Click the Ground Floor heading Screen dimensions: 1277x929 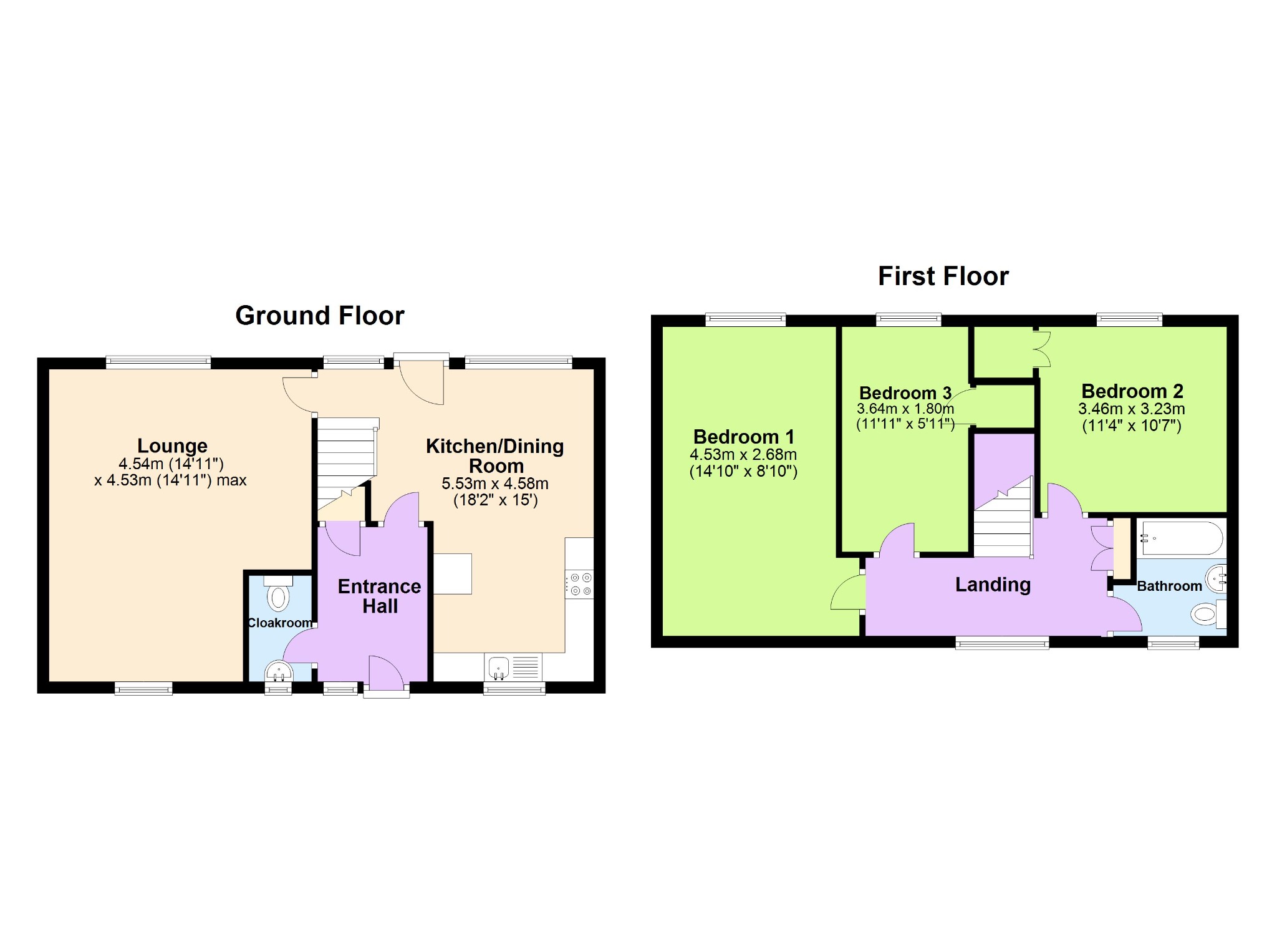pyautogui.click(x=320, y=316)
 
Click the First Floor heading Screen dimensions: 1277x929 pyautogui.click(x=943, y=276)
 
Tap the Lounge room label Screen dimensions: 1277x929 pyautogui.click(x=172, y=445)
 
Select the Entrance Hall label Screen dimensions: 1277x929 pyautogui.click(x=380, y=596)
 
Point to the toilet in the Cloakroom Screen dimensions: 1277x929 pyautogui.click(x=278, y=594)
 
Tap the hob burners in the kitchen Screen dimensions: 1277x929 pyautogui.click(x=579, y=584)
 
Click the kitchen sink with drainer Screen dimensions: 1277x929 pyautogui.click(x=513, y=667)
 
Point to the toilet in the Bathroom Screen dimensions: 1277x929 pyautogui.click(x=1208, y=614)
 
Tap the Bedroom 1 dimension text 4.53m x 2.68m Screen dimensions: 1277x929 pyautogui.click(x=743, y=455)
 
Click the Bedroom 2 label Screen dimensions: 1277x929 pyautogui.click(x=1132, y=391)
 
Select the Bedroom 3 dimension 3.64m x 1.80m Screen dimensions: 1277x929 pyautogui.click(x=905, y=409)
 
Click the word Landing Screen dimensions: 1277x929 pyautogui.click(x=993, y=585)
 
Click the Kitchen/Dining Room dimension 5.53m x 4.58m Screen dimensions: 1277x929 pyautogui.click(x=495, y=484)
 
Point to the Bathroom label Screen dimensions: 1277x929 pyautogui.click(x=1169, y=586)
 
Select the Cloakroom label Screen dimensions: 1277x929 pyautogui.click(x=280, y=623)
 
